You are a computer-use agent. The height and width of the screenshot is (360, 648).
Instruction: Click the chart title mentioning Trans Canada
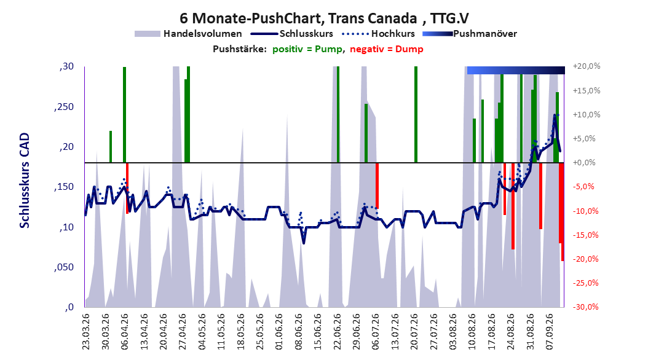(324, 18)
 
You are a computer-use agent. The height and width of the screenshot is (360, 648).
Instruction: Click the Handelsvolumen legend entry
(188, 34)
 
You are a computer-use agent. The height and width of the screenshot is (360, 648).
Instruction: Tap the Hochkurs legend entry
(378, 34)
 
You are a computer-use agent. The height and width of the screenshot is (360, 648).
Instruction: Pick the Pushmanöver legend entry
(470, 34)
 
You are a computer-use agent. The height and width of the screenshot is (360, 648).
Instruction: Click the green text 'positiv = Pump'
(307, 49)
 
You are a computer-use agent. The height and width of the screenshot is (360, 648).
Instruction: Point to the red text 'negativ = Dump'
(387, 49)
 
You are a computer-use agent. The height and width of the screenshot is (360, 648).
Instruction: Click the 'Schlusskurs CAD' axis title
(25, 181)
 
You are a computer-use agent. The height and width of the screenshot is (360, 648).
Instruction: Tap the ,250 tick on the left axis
(64, 106)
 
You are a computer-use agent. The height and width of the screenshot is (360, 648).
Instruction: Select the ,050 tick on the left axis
(64, 267)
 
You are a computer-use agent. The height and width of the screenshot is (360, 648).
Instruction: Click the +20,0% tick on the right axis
(587, 66)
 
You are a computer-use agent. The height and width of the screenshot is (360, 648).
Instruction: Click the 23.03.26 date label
(85, 332)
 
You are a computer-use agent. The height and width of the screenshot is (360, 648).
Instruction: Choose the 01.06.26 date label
(279, 332)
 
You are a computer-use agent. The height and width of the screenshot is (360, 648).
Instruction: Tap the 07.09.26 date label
(549, 332)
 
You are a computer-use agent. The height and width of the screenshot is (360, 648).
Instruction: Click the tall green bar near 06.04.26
(124, 115)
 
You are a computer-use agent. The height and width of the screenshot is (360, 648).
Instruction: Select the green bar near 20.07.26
(416, 115)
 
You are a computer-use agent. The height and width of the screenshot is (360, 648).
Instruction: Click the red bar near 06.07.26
(377, 186)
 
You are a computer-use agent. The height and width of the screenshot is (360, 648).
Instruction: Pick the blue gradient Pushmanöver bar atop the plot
(516, 71)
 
